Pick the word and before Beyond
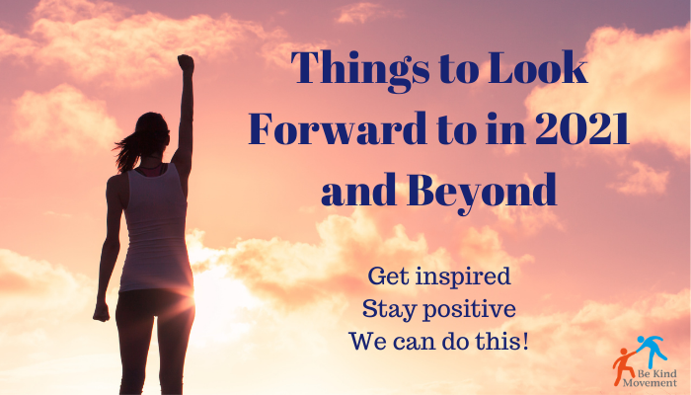click(358, 189)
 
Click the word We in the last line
click(364, 342)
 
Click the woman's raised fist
click(186, 64)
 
